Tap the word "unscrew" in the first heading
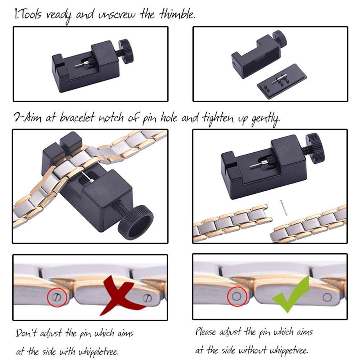(117, 15)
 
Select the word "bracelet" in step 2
(78, 118)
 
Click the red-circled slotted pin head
(57, 297)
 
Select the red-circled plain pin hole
(237, 296)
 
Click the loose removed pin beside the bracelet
(284, 207)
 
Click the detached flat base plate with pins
(282, 81)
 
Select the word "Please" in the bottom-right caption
(206, 332)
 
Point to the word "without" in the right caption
(252, 350)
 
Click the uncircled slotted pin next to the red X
(147, 298)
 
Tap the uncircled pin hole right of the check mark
(327, 297)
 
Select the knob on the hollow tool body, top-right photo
(280, 38)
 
